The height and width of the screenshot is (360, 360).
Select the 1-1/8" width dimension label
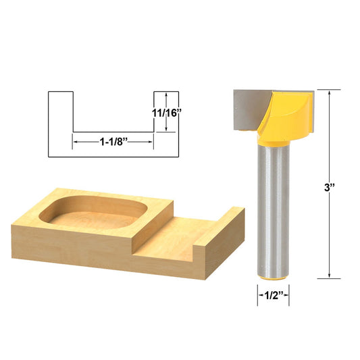[114, 142]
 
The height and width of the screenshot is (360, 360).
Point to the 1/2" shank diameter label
[274, 294]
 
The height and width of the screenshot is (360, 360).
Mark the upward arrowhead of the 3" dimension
[329, 93]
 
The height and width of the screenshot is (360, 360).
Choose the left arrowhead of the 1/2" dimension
[259, 294]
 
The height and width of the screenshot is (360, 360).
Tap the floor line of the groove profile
[113, 131]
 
